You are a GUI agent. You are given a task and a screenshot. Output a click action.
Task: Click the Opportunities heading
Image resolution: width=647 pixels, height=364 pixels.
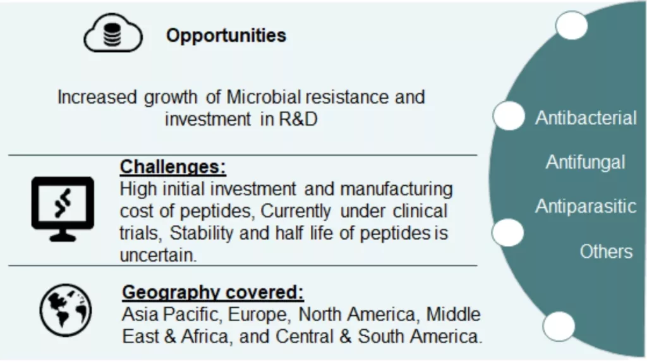click(x=226, y=35)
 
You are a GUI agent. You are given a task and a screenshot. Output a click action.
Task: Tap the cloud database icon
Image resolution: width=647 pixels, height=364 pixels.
click(x=113, y=33)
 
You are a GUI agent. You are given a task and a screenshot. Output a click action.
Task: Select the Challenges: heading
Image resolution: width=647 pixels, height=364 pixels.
click(x=173, y=167)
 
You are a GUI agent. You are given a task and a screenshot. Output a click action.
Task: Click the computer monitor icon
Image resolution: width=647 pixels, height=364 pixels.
click(x=63, y=209)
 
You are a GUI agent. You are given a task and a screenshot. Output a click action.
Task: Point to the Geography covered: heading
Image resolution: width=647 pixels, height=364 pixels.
click(x=213, y=293)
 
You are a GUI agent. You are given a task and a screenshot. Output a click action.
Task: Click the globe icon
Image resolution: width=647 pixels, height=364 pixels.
click(x=66, y=310)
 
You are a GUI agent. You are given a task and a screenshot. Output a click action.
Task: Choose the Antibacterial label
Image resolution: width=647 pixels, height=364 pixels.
click(x=586, y=118)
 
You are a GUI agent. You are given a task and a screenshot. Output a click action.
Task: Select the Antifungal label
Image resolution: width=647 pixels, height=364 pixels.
click(x=586, y=162)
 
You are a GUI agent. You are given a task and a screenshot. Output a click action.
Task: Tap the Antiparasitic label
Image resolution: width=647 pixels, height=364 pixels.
click(x=586, y=206)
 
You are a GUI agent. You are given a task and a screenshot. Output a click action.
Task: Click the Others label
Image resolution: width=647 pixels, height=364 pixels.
click(x=606, y=252)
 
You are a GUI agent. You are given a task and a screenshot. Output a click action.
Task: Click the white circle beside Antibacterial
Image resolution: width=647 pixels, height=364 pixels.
click(x=509, y=116)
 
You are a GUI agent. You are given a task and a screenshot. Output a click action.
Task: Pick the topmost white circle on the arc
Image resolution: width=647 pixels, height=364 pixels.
click(x=571, y=25)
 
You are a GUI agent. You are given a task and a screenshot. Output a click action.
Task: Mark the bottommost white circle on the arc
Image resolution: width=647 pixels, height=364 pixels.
click(x=559, y=327)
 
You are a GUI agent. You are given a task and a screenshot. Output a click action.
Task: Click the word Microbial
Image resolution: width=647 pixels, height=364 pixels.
click(x=263, y=97)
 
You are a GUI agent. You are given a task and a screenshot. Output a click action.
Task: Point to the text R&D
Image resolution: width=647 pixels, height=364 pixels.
click(x=298, y=119)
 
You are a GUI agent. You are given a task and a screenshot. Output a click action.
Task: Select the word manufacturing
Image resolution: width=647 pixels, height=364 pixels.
click(x=397, y=190)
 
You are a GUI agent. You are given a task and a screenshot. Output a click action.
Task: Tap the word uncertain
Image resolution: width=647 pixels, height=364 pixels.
click(x=158, y=255)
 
